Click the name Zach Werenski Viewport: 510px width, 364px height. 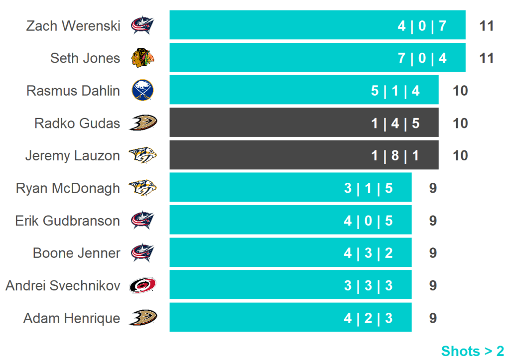click(73, 25)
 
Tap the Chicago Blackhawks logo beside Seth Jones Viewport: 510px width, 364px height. click(143, 58)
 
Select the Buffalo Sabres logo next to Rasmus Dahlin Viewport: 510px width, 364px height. click(142, 91)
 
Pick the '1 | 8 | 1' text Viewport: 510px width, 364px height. click(395, 156)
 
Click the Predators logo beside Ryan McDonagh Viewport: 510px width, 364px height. click(143, 188)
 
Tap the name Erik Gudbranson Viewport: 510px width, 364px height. click(67, 221)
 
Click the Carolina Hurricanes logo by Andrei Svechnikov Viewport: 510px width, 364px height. click(143, 285)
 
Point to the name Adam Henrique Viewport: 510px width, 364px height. click(71, 318)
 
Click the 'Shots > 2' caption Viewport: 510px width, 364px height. click(472, 351)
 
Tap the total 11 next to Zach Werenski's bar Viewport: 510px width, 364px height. click(486, 25)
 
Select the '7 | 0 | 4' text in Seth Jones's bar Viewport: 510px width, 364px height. click(422, 58)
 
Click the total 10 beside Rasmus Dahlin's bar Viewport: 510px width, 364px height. click(460, 91)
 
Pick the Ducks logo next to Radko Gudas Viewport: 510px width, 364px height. click(143, 122)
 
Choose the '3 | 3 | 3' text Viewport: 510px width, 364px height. click(368, 285)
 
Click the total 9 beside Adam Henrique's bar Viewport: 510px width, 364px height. click(433, 318)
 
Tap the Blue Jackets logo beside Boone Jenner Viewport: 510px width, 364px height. click(143, 252)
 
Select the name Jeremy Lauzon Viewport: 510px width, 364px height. click(72, 156)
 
